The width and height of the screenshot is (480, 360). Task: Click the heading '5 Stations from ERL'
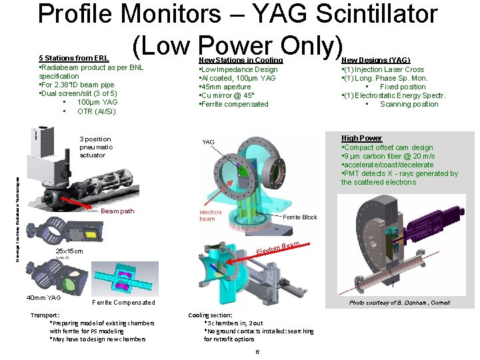74,59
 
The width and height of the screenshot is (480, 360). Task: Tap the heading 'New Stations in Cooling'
241,60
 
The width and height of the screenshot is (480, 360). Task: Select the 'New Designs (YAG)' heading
375,60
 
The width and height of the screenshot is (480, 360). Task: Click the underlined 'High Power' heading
361,139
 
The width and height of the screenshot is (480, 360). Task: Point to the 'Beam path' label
117,211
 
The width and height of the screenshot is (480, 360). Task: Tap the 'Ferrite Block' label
300,217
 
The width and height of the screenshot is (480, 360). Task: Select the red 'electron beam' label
211,215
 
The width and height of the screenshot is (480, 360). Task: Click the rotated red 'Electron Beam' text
278,249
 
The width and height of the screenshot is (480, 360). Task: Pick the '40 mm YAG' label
43,297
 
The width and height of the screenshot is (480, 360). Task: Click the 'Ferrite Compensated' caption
124,303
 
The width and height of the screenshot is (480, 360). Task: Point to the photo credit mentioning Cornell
400,303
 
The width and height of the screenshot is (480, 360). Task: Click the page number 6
257,351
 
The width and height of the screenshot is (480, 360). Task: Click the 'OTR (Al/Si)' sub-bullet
97,111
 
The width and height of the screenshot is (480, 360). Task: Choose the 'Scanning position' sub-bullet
409,104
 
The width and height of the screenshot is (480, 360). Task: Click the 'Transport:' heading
45,315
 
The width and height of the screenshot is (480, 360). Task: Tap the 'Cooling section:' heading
210,315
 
